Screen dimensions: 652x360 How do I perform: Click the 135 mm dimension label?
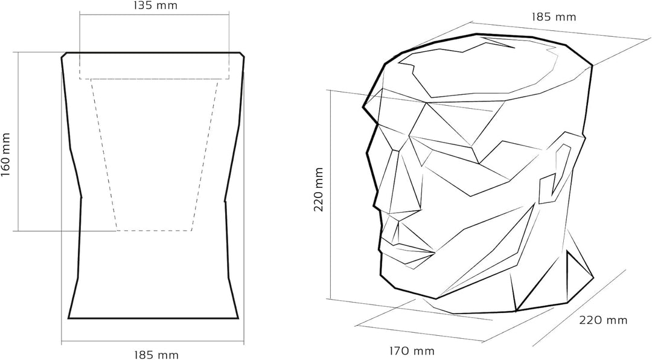click(155, 5)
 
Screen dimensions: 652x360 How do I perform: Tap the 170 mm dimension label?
click(412, 351)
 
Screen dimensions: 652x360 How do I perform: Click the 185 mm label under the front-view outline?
click(156, 355)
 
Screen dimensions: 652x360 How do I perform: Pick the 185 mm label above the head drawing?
click(554, 17)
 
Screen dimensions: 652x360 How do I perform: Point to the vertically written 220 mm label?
click(319, 190)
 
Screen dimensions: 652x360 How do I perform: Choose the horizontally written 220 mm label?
click(603, 320)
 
